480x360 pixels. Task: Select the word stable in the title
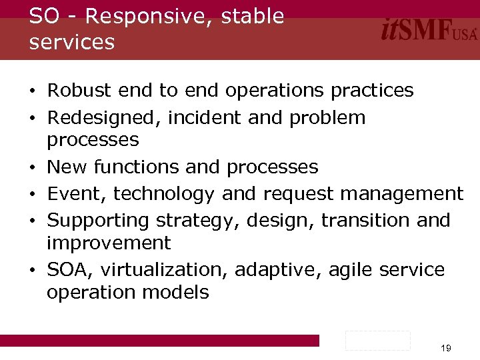point(253,17)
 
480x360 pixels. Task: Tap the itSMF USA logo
point(429,30)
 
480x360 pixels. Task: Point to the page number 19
point(446,348)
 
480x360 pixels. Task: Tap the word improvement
point(109,243)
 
